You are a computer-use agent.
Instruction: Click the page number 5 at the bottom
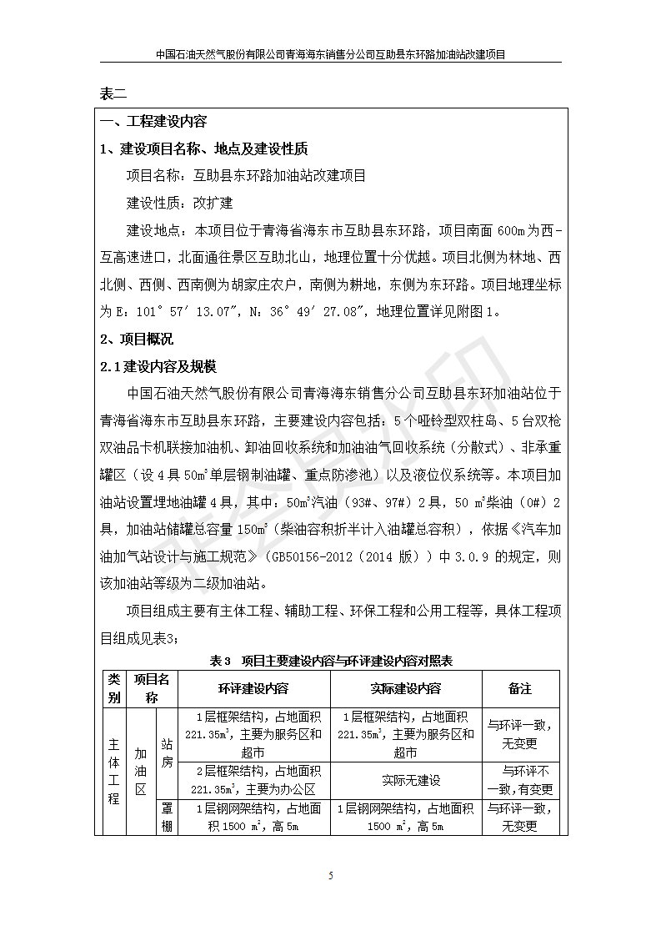pyautogui.click(x=331, y=875)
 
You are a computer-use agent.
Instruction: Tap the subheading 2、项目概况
pyautogui.click(x=137, y=339)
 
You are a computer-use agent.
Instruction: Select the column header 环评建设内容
pyautogui.click(x=254, y=689)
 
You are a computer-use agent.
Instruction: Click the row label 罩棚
pyautogui.click(x=167, y=817)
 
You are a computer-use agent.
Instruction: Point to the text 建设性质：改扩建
pyautogui.click(x=179, y=203)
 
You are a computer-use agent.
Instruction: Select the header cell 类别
pyautogui.click(x=113, y=689)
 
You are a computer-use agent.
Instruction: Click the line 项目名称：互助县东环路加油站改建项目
pyautogui.click(x=245, y=175)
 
